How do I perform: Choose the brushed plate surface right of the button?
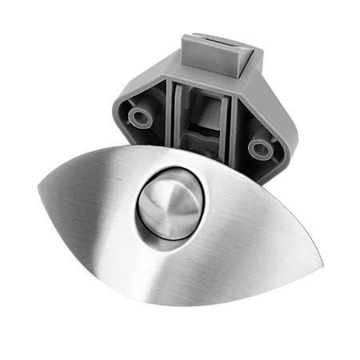[248, 232]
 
